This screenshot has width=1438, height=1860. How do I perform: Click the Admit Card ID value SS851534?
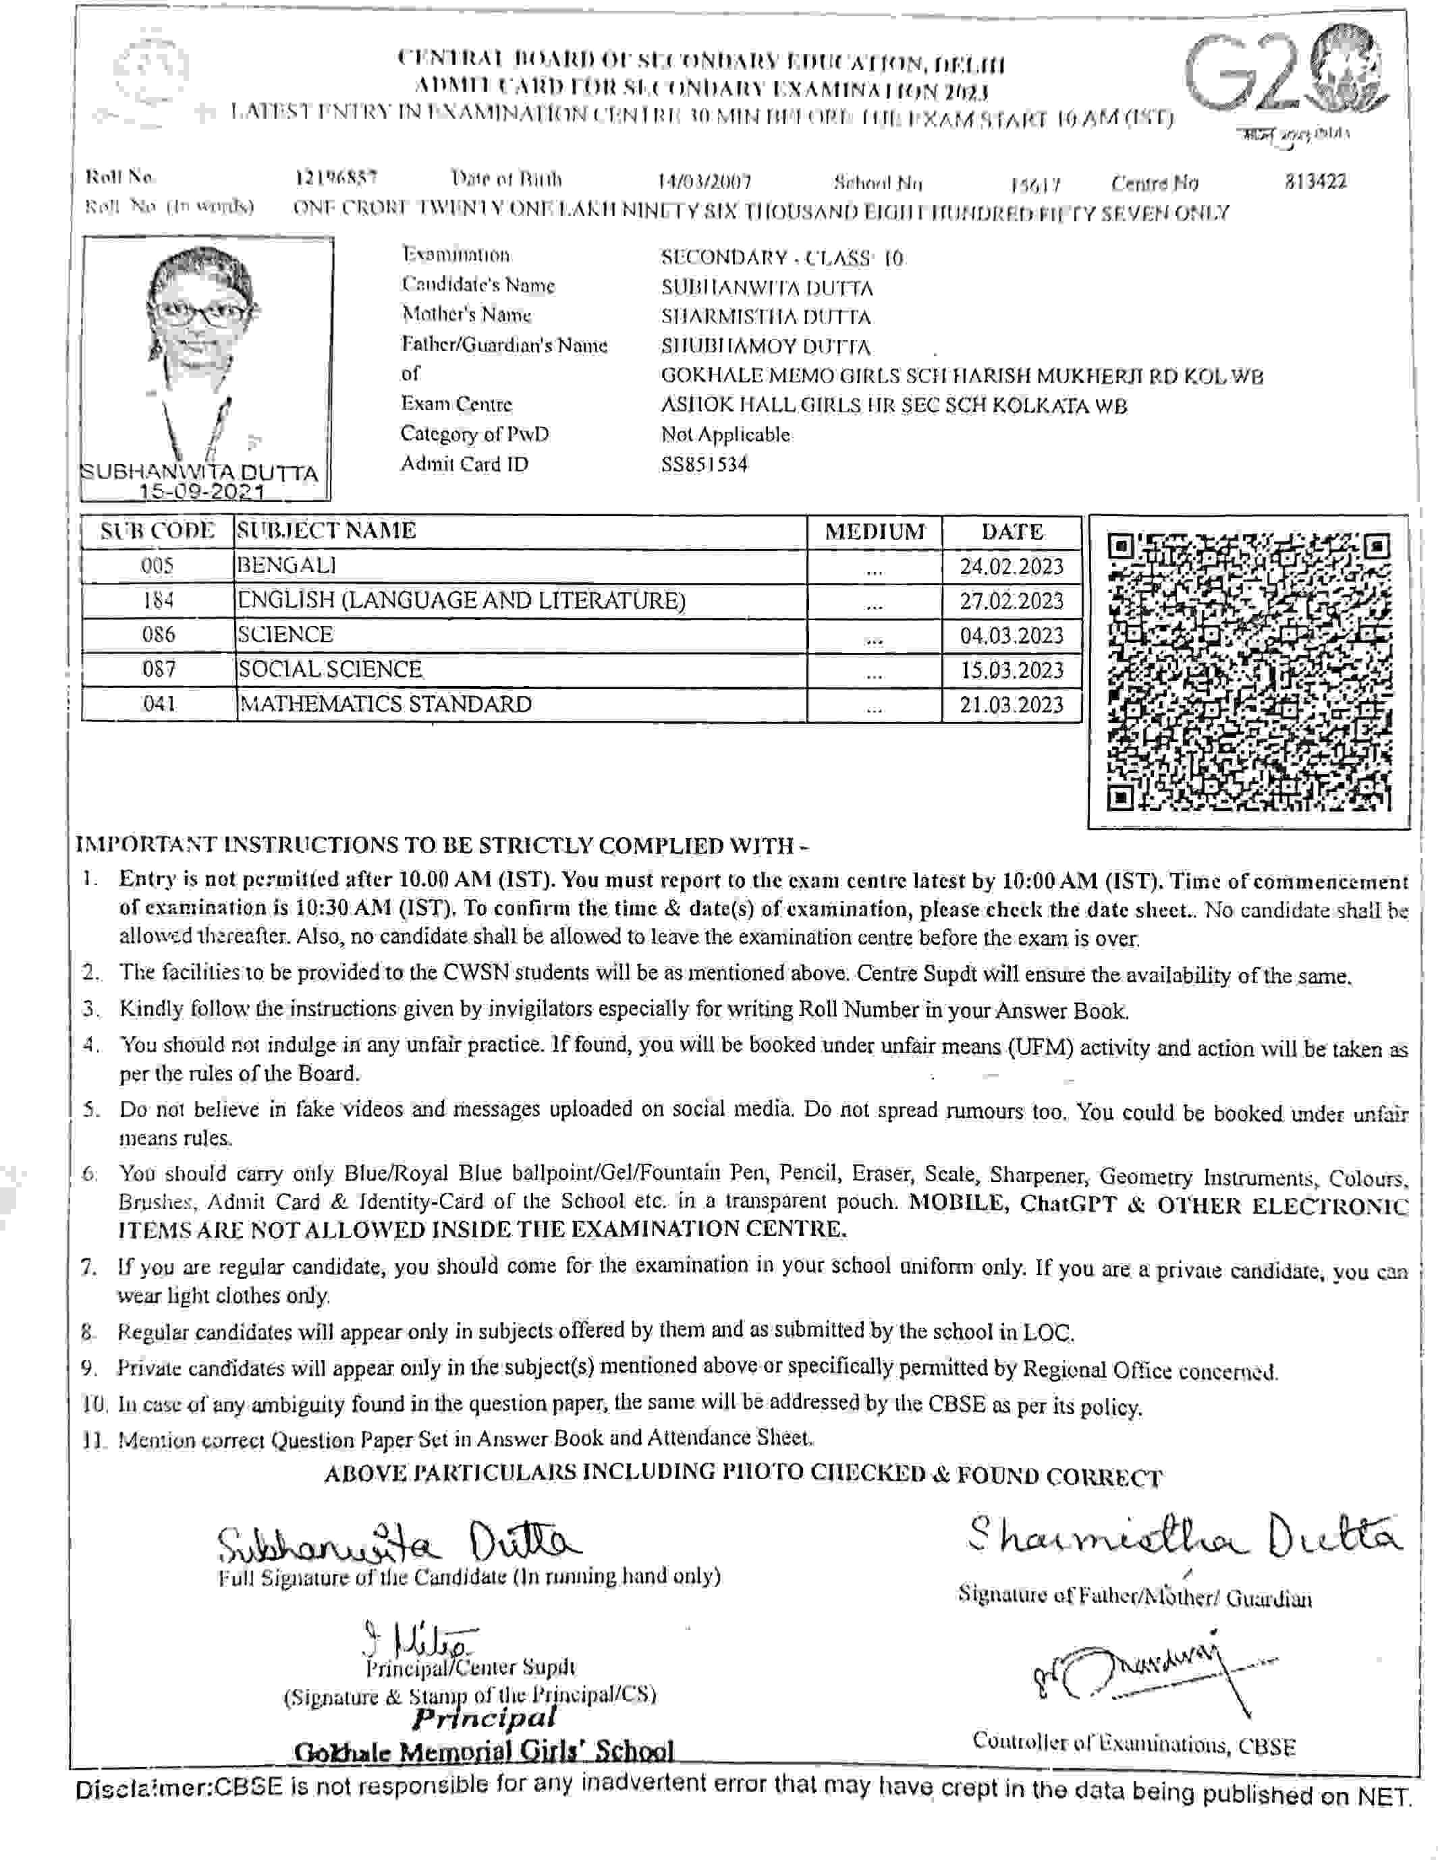pos(704,465)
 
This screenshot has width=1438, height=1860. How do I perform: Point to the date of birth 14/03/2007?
pos(704,181)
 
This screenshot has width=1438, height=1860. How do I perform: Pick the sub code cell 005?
pos(159,565)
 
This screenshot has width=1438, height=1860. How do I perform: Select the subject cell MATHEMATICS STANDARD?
pos(385,704)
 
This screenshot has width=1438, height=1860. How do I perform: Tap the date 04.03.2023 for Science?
pos(1012,636)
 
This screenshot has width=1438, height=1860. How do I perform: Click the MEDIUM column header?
pos(875,532)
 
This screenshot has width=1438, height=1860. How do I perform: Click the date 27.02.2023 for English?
pos(1012,601)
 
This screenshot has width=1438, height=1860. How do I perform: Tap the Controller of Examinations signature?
pos(1142,1676)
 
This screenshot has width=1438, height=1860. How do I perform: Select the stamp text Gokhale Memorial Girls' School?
pos(483,1751)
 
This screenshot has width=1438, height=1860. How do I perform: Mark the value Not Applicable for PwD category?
pos(726,434)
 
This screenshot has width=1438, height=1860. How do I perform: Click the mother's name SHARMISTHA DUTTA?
pos(766,318)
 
